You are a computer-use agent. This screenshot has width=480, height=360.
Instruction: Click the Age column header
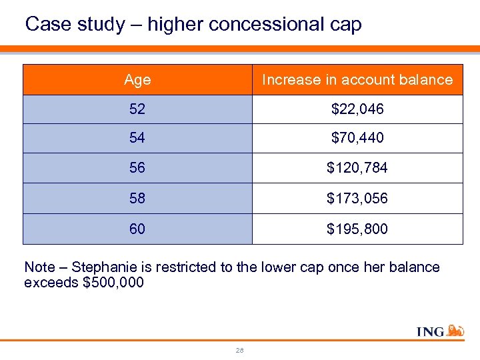(x=137, y=80)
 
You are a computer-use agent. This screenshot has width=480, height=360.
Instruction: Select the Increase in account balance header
(x=357, y=80)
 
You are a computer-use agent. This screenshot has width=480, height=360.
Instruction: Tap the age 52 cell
(x=137, y=109)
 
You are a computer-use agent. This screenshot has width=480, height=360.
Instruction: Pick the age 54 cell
(x=137, y=139)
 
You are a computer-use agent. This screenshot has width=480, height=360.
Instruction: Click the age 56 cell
(x=137, y=168)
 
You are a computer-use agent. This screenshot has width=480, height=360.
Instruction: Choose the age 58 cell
(x=137, y=199)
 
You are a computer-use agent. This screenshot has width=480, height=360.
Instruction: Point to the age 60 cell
(x=137, y=229)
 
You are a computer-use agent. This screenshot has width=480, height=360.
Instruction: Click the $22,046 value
(x=357, y=109)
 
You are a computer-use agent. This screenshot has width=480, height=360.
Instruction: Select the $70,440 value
(x=357, y=139)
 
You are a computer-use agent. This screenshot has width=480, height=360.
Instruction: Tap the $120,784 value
(x=357, y=168)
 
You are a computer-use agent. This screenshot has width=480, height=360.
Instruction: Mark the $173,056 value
(x=357, y=199)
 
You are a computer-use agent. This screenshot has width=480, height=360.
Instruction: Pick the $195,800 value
(x=357, y=229)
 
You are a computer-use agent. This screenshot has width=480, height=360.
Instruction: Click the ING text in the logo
(x=431, y=331)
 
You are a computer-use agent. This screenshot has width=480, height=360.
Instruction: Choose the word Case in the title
(x=44, y=25)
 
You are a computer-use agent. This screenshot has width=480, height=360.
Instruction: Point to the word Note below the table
(x=39, y=267)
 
